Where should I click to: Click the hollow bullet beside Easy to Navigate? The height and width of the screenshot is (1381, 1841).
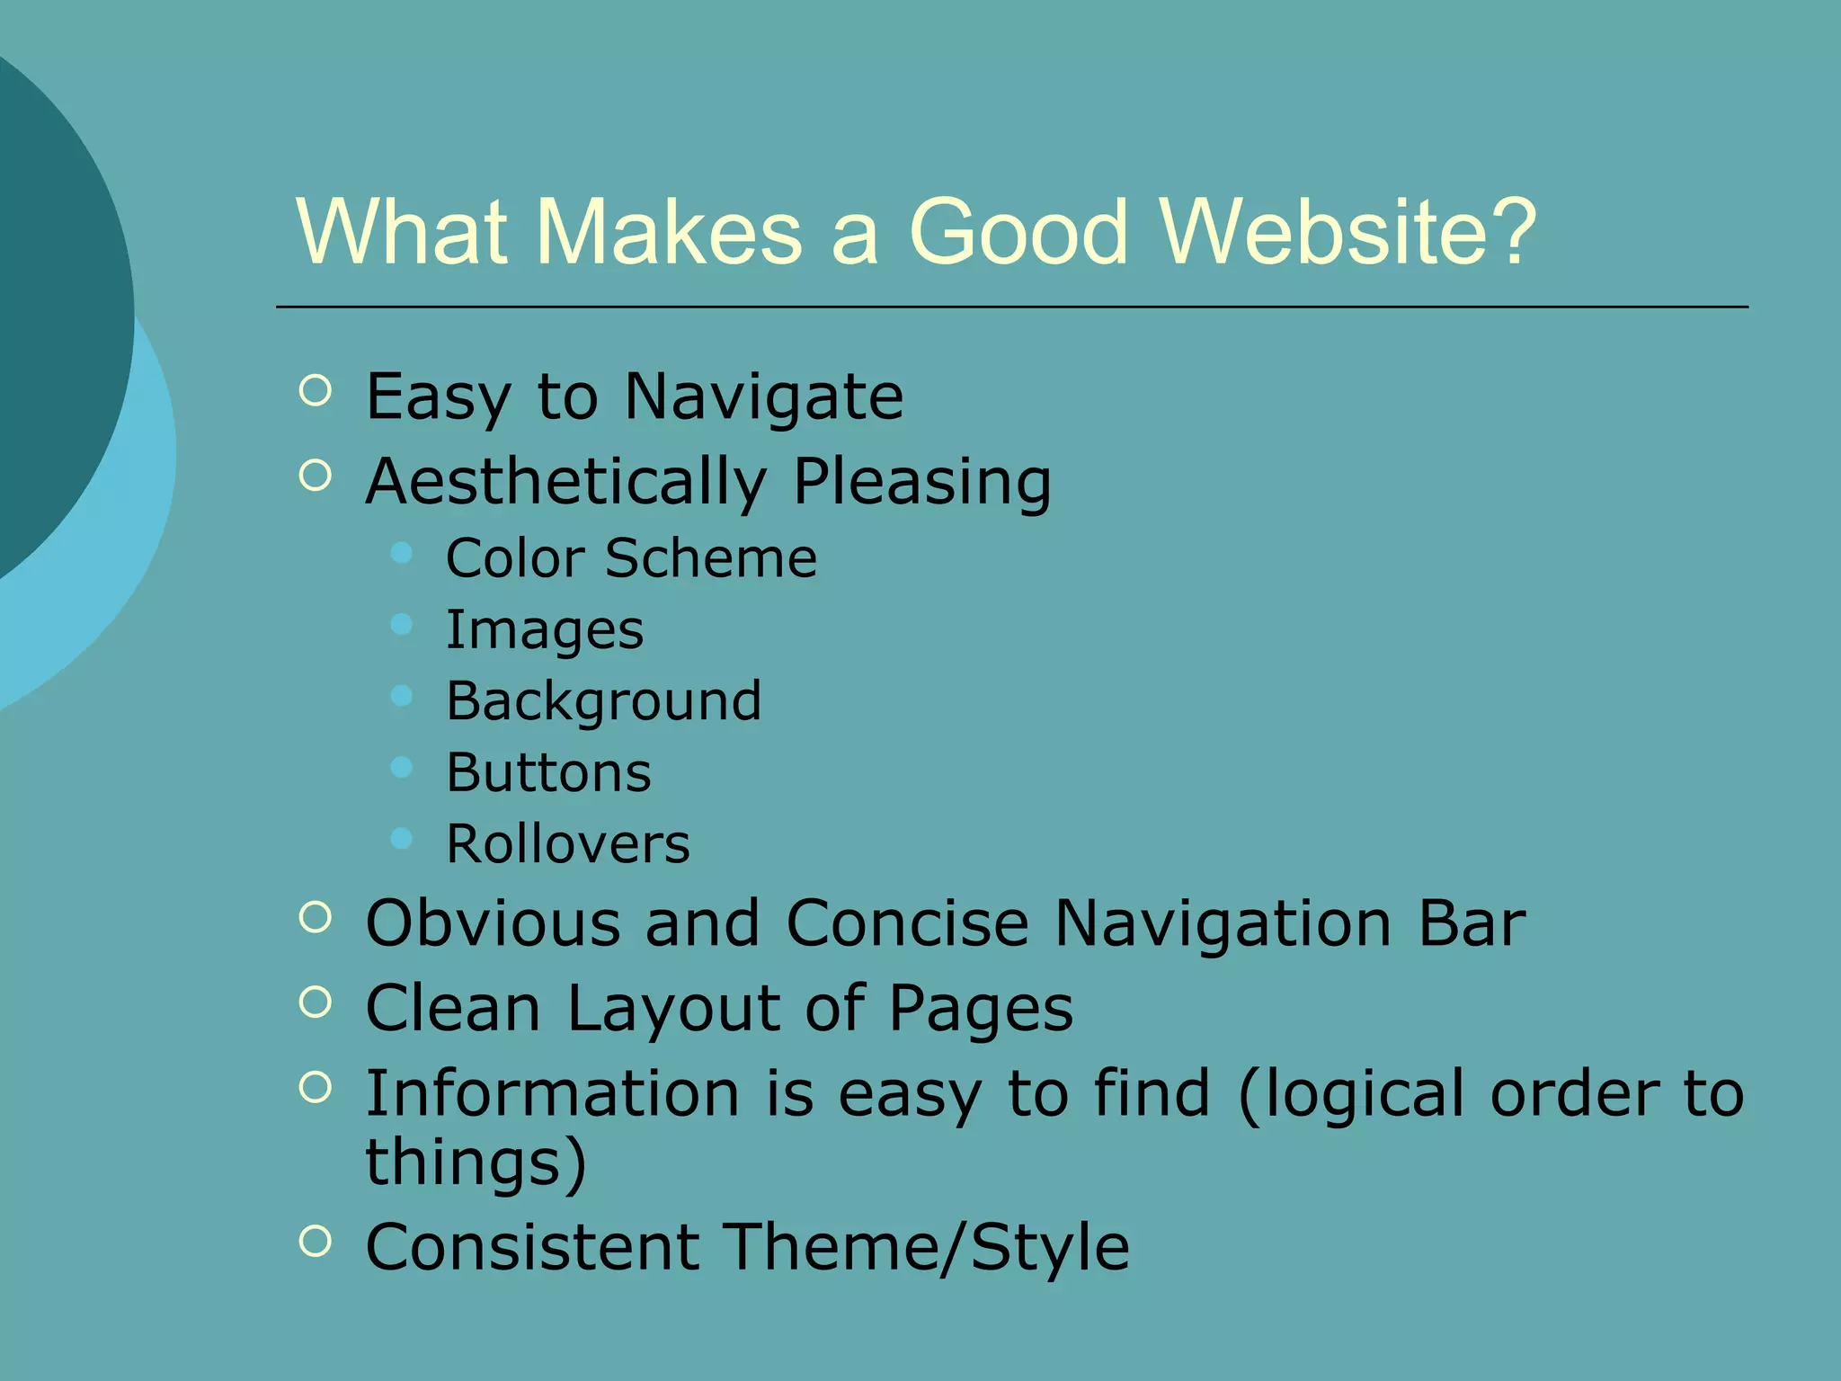click(x=315, y=390)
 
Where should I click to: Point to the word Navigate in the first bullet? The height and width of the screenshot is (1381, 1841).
click(x=763, y=396)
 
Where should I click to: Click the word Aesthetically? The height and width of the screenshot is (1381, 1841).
click(x=565, y=482)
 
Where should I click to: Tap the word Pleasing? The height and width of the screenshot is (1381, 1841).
click(x=921, y=482)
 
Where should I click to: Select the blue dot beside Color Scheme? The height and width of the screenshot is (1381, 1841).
click(x=402, y=552)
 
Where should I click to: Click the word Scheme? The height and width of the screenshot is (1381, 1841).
click(x=711, y=558)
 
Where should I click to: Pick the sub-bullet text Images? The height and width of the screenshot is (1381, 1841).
click(x=545, y=630)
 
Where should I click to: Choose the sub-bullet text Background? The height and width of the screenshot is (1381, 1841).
click(x=603, y=701)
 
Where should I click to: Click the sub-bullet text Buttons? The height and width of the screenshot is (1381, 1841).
click(x=548, y=772)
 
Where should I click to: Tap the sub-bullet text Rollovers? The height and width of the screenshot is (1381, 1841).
click(x=568, y=844)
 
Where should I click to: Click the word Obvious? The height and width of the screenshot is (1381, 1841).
click(x=493, y=923)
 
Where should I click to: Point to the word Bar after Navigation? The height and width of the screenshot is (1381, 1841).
click(x=1472, y=923)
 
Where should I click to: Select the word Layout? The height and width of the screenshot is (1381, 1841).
click(x=673, y=1009)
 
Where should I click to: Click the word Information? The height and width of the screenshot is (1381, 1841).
click(x=552, y=1094)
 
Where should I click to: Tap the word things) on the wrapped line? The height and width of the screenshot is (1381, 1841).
click(x=476, y=1163)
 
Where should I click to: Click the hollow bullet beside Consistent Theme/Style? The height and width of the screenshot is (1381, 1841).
click(x=315, y=1242)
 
